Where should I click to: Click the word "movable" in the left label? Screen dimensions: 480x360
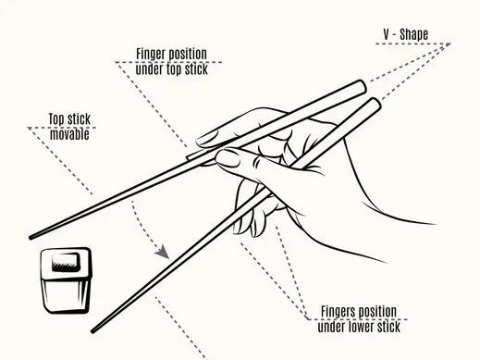tap(69, 134)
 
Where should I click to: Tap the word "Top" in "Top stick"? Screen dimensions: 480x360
tap(56, 119)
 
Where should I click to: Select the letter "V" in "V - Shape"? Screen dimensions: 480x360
tap(387, 34)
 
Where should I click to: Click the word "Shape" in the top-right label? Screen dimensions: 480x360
tap(414, 34)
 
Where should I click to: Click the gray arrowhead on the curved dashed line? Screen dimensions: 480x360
tap(162, 253)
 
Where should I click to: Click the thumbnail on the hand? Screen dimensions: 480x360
tap(228, 158)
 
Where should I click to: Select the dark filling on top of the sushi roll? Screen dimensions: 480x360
tap(66, 262)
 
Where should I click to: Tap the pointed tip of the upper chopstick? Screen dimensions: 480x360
tap(31, 238)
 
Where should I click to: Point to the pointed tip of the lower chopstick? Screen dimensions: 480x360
tap(92, 331)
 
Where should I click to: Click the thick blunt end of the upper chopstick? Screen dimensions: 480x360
tap(362, 86)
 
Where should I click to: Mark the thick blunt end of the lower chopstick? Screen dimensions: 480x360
tap(375, 104)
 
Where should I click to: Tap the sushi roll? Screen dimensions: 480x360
tap(66, 280)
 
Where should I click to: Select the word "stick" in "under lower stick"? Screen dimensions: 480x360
tap(389, 327)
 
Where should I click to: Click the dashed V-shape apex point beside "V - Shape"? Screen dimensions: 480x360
tap(449, 43)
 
